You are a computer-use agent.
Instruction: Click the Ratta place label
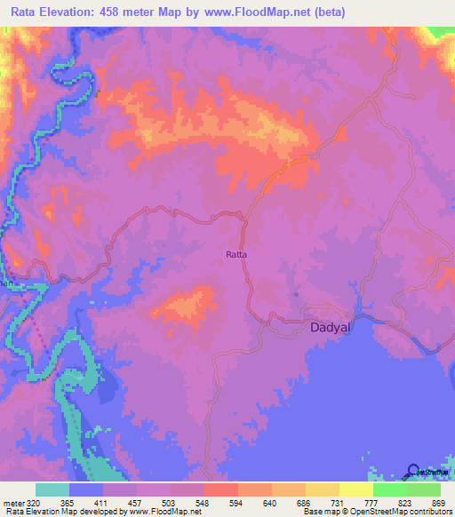[235, 255]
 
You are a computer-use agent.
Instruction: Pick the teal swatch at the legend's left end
[52, 489]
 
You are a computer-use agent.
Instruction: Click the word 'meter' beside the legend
[12, 502]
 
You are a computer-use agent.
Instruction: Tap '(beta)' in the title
[342, 12]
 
